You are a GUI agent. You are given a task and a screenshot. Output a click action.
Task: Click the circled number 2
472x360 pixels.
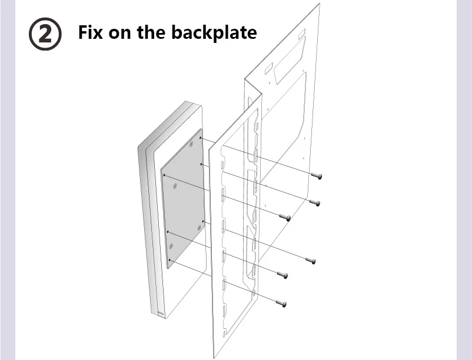(x=45, y=34)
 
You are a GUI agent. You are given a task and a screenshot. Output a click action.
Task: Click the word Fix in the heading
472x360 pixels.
(x=90, y=32)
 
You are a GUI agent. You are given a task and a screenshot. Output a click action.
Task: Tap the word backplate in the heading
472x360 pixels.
(x=214, y=32)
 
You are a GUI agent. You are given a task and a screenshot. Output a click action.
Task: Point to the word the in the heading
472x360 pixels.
(x=151, y=32)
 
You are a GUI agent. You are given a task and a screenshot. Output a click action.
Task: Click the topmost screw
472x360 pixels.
(x=317, y=176)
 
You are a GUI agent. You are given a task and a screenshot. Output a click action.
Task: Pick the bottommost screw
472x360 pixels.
(x=281, y=304)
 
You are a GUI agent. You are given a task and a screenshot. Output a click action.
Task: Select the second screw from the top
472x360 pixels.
(x=315, y=203)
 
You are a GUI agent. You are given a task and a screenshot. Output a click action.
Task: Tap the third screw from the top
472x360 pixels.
(x=285, y=217)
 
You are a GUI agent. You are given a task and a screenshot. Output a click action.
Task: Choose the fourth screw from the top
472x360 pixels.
(x=311, y=261)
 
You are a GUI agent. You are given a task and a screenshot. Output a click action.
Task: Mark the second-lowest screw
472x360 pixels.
(x=282, y=275)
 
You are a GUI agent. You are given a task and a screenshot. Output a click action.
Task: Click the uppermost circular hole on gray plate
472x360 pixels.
(x=191, y=144)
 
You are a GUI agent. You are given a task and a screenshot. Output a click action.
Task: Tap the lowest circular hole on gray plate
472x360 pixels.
(x=171, y=246)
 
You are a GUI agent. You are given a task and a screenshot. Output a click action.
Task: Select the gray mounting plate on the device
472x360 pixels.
(x=182, y=198)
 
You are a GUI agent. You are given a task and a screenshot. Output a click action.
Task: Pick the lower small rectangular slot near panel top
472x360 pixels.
(x=268, y=69)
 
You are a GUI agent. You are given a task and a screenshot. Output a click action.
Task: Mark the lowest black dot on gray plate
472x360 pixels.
(x=169, y=260)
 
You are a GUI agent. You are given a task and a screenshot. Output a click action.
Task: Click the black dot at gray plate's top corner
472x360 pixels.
(x=201, y=138)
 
